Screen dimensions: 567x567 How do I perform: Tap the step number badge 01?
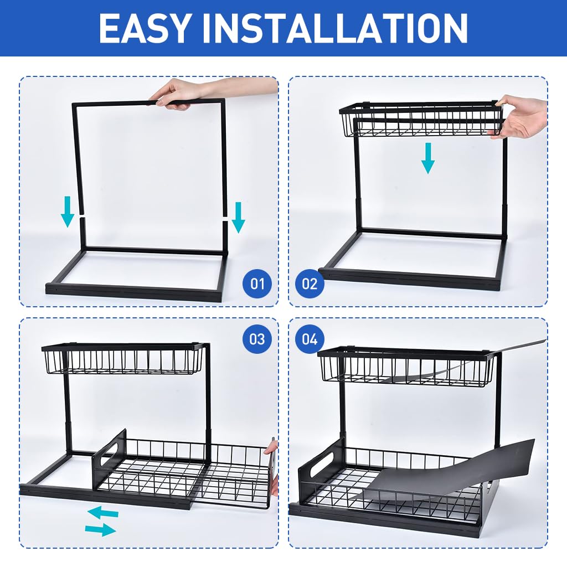click(x=257, y=285)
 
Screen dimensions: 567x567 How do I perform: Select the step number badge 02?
click(x=310, y=285)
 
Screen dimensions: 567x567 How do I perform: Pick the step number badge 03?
click(x=257, y=338)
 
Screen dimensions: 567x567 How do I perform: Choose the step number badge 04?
click(x=310, y=338)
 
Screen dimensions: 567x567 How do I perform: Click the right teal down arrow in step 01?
click(x=238, y=217)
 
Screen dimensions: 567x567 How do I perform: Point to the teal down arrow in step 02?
click(x=427, y=158)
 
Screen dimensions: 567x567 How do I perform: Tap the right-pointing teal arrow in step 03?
click(x=101, y=530)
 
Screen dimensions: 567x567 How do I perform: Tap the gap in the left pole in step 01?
click(x=81, y=214)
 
